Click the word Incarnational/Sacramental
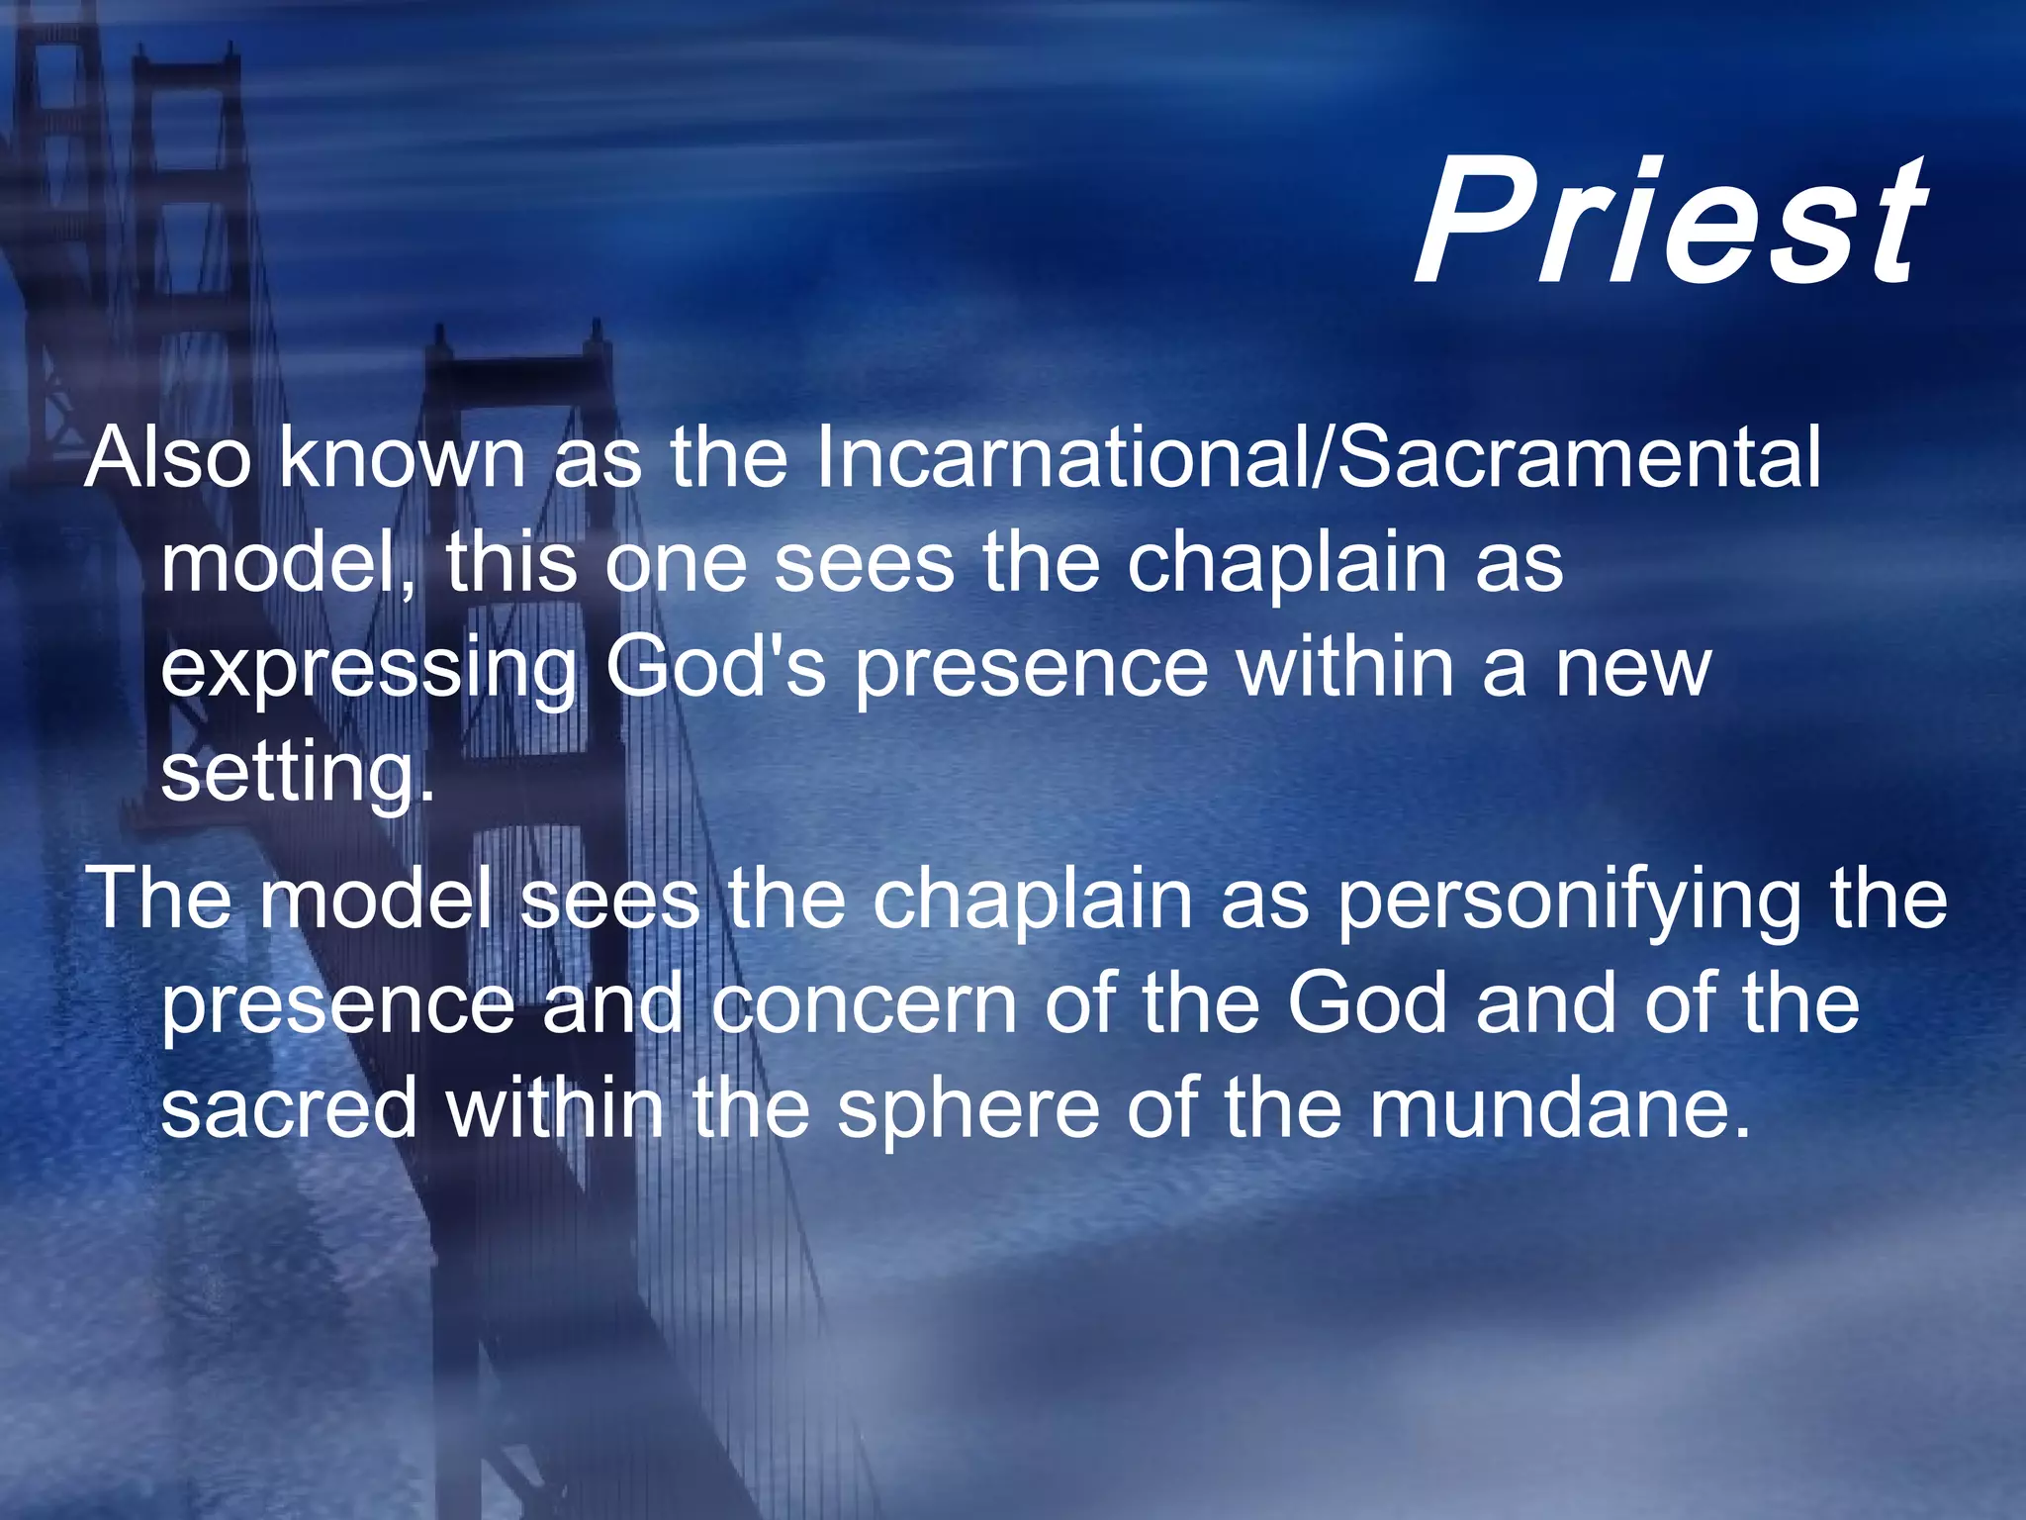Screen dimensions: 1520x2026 [1316, 457]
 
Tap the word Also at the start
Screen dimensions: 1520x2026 [168, 457]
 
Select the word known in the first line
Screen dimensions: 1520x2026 [401, 457]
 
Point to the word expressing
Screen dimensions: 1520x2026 [368, 669]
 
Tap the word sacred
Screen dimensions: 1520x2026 [289, 1108]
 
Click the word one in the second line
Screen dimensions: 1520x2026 [676, 564]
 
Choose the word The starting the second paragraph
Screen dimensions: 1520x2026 [160, 899]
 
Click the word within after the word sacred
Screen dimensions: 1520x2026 [554, 1108]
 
